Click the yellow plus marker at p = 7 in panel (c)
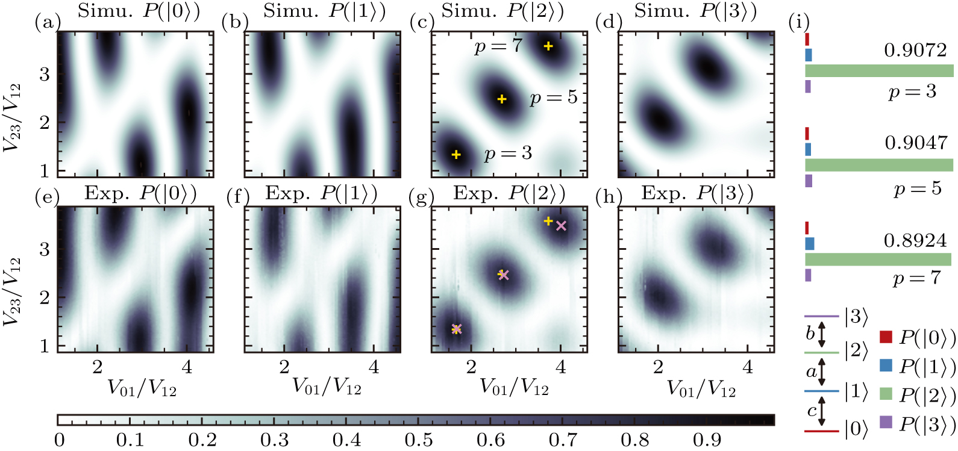coord(548,46)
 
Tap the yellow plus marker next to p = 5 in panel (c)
coord(502,99)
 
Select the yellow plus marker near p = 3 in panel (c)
coord(456,155)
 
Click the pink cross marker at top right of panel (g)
coord(562,226)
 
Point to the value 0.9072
coord(915,50)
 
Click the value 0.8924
coord(915,240)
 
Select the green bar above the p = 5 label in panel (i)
coord(879,165)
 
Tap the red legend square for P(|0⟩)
coord(886,337)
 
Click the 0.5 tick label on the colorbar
coord(418,440)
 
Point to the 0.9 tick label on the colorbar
coord(706,440)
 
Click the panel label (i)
coord(798,23)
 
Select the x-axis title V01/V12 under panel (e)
coord(142,388)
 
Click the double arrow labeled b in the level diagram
coord(822,335)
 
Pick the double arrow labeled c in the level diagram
coord(822,411)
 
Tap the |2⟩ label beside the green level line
coord(856,350)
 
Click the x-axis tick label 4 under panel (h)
coord(748,367)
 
